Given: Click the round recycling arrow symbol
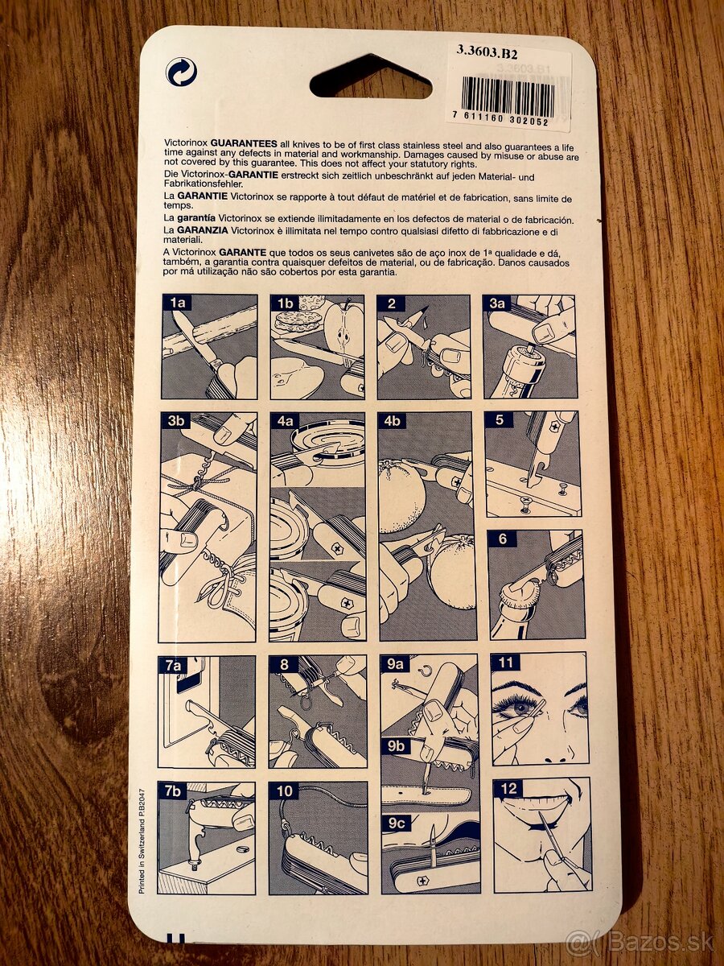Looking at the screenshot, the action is [x=181, y=73].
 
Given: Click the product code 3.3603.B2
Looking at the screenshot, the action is [x=487, y=53].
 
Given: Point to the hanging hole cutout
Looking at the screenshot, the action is [x=370, y=78].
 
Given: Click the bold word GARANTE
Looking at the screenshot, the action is [x=243, y=253].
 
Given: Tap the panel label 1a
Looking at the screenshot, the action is [x=177, y=303].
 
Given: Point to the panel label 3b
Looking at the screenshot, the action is [x=176, y=420].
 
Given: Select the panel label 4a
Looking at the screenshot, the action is [x=285, y=421].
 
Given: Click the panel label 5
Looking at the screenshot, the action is [x=499, y=419].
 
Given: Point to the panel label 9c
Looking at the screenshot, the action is [x=396, y=824].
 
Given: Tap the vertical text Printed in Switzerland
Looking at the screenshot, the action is [x=142, y=840].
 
